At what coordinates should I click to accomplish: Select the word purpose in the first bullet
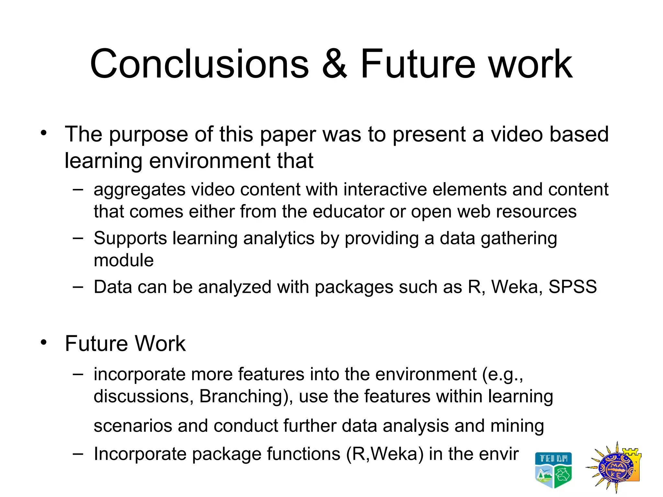tap(148, 135)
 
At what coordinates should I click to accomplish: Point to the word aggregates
tap(139, 190)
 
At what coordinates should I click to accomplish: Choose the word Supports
tap(130, 239)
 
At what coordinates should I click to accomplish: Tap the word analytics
tap(279, 239)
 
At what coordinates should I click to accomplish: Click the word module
tap(124, 260)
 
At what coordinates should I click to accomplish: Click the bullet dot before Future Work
tap(44, 342)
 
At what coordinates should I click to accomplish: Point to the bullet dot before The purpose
tap(44, 133)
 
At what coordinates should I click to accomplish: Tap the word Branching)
tap(246, 397)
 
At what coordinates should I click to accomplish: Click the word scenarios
tap(133, 426)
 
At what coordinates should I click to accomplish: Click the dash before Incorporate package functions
tap(78, 454)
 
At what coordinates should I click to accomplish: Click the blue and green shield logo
tap(553, 470)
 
